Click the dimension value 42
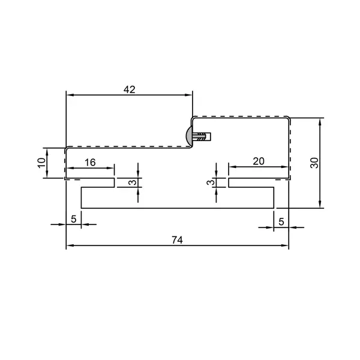pyautogui.click(x=130, y=89)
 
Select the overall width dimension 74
pyautogui.click(x=177, y=240)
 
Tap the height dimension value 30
pyautogui.click(x=314, y=163)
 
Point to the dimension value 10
pyautogui.click(x=41, y=163)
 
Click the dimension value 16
pyautogui.click(x=90, y=163)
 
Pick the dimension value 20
pyautogui.click(x=259, y=161)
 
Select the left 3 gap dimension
pyautogui.click(x=133, y=182)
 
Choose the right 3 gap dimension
pyautogui.click(x=211, y=182)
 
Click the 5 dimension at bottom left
pyautogui.click(x=73, y=219)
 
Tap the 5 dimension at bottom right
pyautogui.click(x=281, y=222)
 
